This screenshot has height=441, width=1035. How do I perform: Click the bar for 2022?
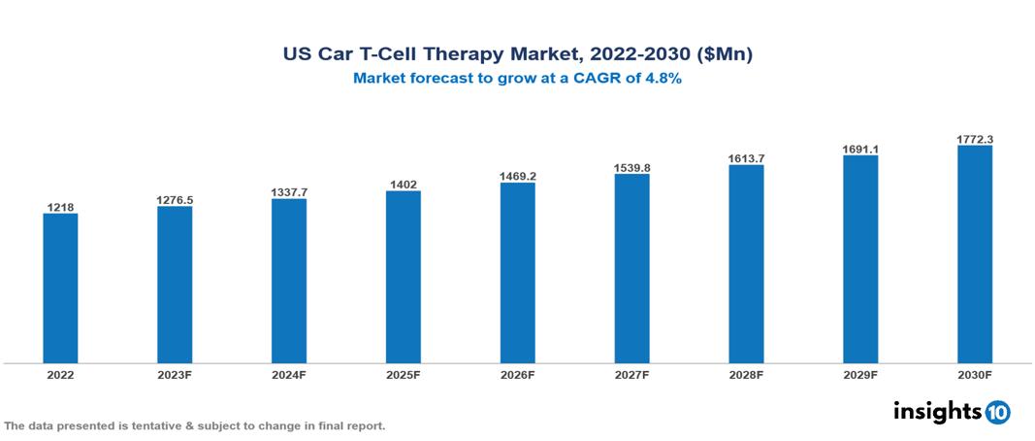coord(60,288)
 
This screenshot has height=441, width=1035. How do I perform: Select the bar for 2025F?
coord(403,277)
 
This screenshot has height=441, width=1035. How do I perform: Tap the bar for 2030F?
coord(974,254)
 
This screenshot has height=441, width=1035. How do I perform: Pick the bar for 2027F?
coord(631,268)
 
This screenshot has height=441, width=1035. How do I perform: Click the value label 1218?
coord(60,207)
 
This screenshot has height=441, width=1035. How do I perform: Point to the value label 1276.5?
coord(175,200)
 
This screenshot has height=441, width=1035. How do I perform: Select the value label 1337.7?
coord(289,192)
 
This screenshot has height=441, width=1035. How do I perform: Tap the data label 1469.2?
coord(517,177)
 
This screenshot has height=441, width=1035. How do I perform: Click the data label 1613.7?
coord(746,158)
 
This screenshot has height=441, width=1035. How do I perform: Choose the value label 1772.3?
coord(974,140)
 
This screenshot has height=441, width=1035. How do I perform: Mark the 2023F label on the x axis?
coord(175,374)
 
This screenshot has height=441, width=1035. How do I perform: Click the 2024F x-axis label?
coord(289,374)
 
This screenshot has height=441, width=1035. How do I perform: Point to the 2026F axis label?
coord(517,374)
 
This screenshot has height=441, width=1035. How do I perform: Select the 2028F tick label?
coord(746,374)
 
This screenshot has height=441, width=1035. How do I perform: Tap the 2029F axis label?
coord(860,374)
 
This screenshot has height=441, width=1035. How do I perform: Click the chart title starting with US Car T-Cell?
coord(517,55)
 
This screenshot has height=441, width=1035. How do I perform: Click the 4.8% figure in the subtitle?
coord(663,79)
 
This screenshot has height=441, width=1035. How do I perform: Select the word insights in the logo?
coord(936,411)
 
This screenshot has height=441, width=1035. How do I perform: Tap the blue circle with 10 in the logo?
coord(997,413)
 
